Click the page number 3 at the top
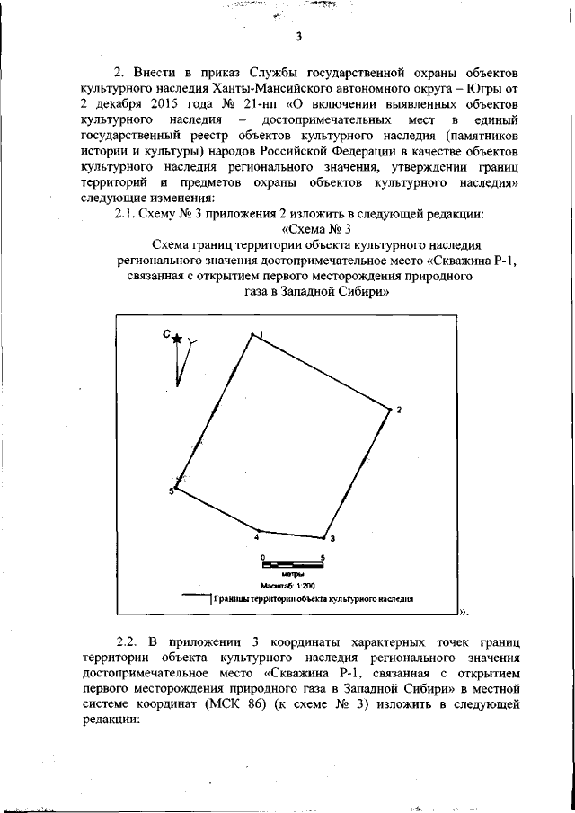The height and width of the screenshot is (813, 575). click(298, 36)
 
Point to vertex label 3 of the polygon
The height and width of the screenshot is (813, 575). click(332, 539)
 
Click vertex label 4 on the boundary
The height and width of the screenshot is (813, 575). click(257, 537)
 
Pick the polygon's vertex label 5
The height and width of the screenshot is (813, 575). click(171, 491)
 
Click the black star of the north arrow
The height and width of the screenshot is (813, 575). click(178, 338)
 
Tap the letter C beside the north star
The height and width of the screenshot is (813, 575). click(166, 334)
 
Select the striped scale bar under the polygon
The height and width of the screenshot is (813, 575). click(292, 567)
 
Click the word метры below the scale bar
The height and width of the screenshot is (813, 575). click(292, 575)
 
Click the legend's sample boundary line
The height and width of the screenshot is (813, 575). click(195, 596)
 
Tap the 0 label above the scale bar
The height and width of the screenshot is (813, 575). click(262, 558)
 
